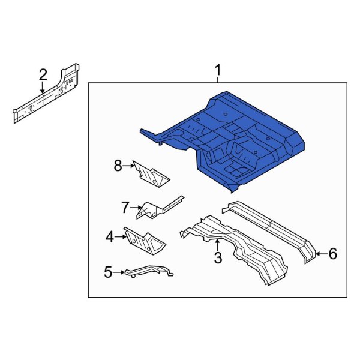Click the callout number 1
(x=218, y=73)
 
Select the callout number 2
(x=43, y=75)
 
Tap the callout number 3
(x=218, y=258)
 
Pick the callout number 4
(x=109, y=238)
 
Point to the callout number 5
(x=108, y=272)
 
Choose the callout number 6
(x=332, y=254)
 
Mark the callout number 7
(x=125, y=208)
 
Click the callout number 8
(x=118, y=166)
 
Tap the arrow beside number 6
(x=320, y=254)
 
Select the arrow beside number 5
(x=119, y=272)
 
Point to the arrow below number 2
(x=43, y=88)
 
